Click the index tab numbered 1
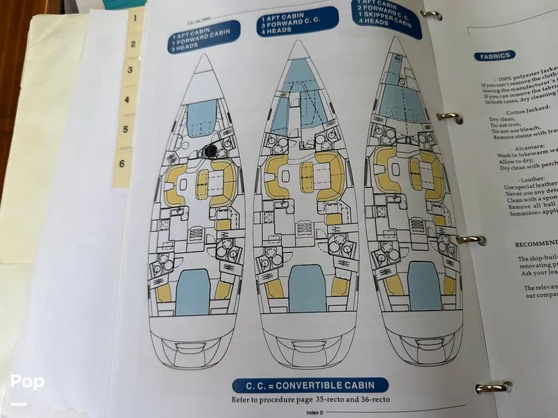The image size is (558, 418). [x=133, y=19]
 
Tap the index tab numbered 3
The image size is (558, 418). [x=129, y=70]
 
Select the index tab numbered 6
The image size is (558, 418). [x=123, y=164]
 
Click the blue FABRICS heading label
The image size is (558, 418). [x=495, y=56]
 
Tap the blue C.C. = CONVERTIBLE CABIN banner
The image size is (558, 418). [x=310, y=385]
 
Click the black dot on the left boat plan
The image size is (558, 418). [x=211, y=150]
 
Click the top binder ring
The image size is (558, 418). [x=430, y=14]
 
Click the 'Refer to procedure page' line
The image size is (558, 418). [x=311, y=400]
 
